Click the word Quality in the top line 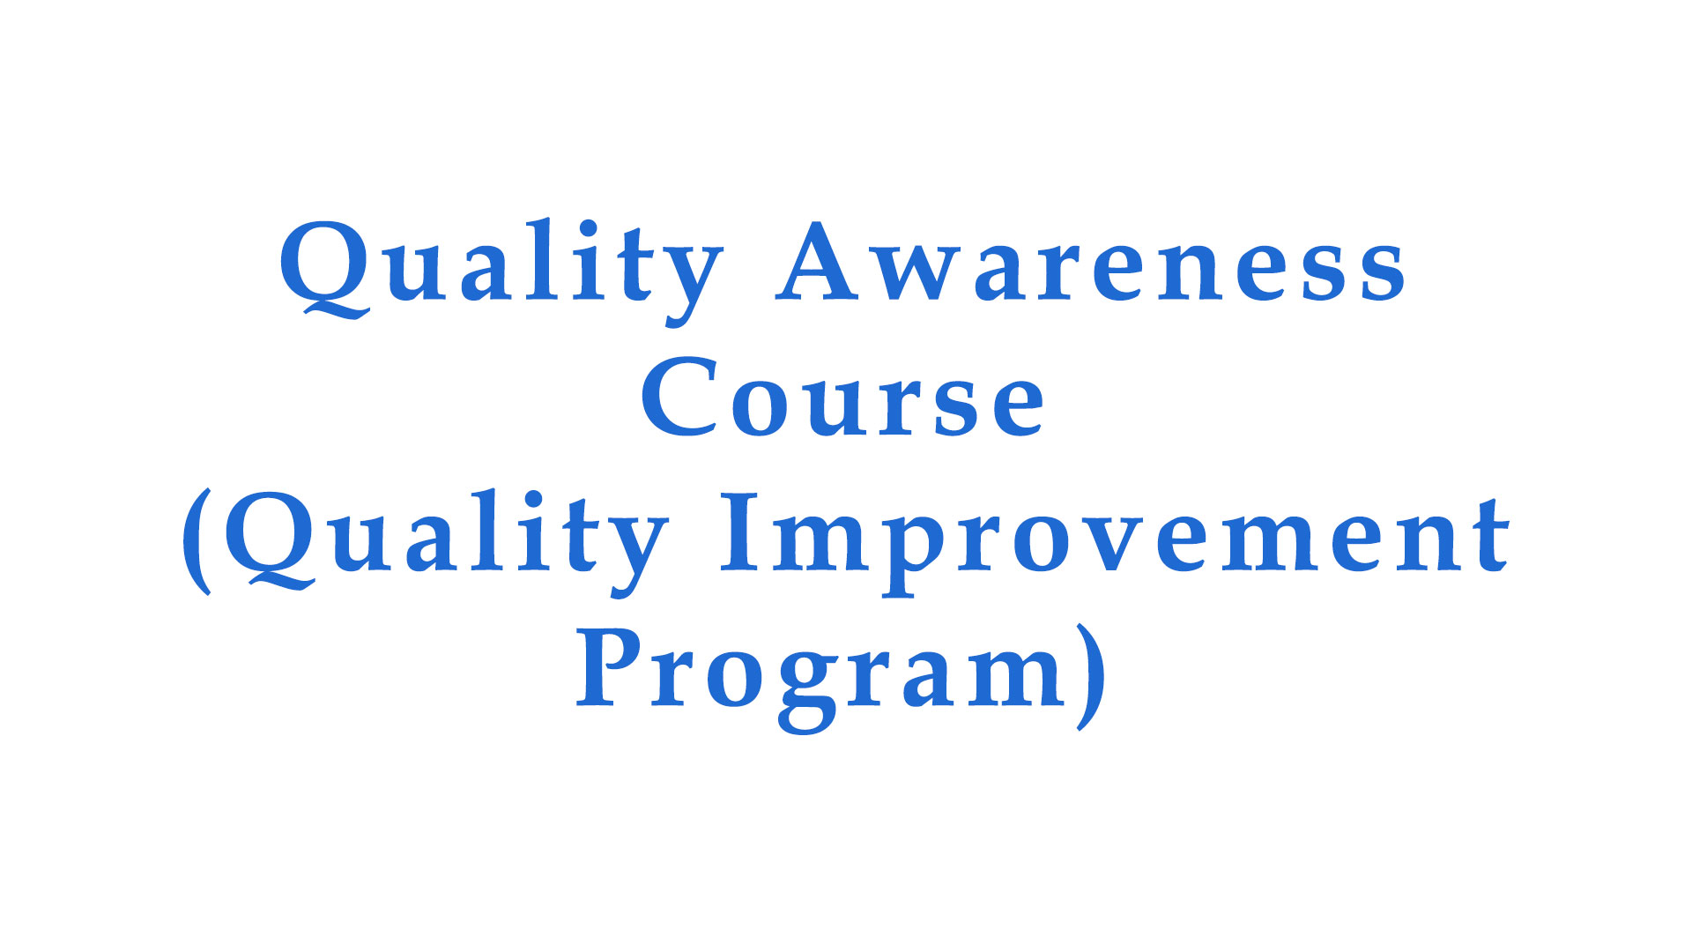[501, 271]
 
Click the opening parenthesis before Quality [197, 541]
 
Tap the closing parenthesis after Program [1091, 677]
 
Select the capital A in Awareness [819, 261]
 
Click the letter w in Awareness [920, 274]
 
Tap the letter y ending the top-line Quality [693, 285]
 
